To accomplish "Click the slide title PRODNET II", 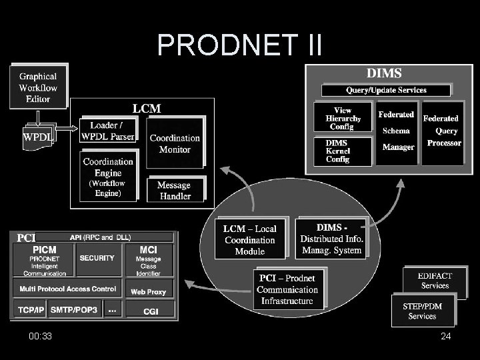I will (239, 45).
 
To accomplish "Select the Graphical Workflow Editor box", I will (38, 87).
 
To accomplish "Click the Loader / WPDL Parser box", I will (107, 131).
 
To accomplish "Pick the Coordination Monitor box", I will (175, 143).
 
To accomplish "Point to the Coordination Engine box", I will (107, 177).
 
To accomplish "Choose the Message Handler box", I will (174, 190).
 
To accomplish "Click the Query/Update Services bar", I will (386, 90).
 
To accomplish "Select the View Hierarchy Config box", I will (343, 119).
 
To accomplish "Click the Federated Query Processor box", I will (442, 131).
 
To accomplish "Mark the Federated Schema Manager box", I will (397, 131).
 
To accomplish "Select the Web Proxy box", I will (148, 292).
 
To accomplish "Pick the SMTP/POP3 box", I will (73, 311).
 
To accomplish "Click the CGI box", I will (151, 311).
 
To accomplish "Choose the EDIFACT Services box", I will (434, 281).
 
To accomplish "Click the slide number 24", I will (445, 337).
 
